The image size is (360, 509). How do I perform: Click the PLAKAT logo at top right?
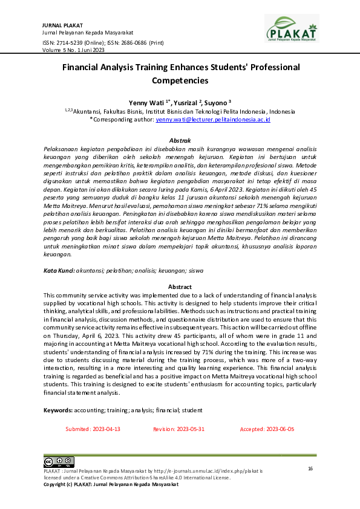pyautogui.click(x=292, y=28)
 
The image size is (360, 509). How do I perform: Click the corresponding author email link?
pyautogui.click(x=212, y=120)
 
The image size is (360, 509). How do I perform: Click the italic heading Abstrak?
pyautogui.click(x=180, y=140)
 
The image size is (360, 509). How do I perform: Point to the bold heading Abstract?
pyautogui.click(x=180, y=287)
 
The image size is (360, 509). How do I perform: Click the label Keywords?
pyautogui.click(x=59, y=410)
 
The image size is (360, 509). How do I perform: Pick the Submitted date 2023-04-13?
pyautogui.click(x=93, y=429)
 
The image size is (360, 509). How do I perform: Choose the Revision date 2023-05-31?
pyautogui.click(x=180, y=429)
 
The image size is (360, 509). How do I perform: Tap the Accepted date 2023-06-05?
pyautogui.click(x=267, y=429)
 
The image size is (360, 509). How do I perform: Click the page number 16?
pyautogui.click(x=310, y=468)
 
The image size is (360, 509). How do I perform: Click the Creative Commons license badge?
pyautogui.click(x=59, y=462)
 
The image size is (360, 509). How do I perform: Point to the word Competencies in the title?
pyautogui.click(x=180, y=80)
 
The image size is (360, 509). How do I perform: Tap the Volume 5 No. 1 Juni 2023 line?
pyautogui.click(x=74, y=50)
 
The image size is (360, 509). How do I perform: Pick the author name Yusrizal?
pyautogui.click(x=180, y=103)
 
